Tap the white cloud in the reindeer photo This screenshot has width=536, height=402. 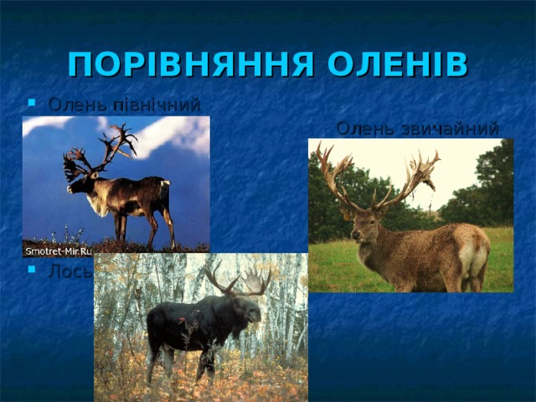click(x=172, y=134)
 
